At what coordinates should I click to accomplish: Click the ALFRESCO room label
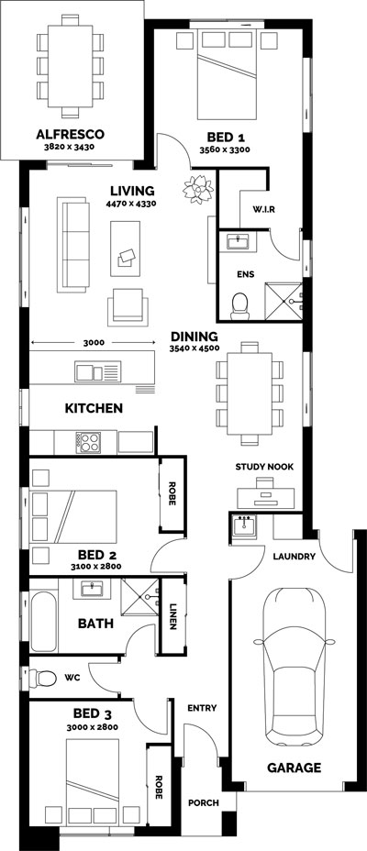point(70,134)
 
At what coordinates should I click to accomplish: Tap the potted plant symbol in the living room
point(198,189)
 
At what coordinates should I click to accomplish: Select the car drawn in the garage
point(294,667)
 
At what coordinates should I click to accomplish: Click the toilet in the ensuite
point(239,306)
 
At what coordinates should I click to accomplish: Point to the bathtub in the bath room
point(43,622)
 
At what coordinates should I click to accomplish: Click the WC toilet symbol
point(43,678)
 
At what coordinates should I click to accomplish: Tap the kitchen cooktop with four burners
point(88,442)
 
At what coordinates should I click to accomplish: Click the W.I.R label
point(264,209)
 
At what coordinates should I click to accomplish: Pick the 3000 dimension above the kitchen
point(94,342)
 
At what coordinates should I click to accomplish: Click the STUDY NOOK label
point(264,467)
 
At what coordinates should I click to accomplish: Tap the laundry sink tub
point(244,525)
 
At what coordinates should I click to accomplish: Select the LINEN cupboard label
point(172,616)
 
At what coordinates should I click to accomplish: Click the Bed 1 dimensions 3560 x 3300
point(224,149)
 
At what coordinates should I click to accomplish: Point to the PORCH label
point(204,802)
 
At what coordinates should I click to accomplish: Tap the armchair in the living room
point(128,306)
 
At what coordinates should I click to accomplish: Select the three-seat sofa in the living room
point(73,246)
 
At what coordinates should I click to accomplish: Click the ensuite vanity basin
point(237,241)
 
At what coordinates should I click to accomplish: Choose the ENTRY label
point(202,708)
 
